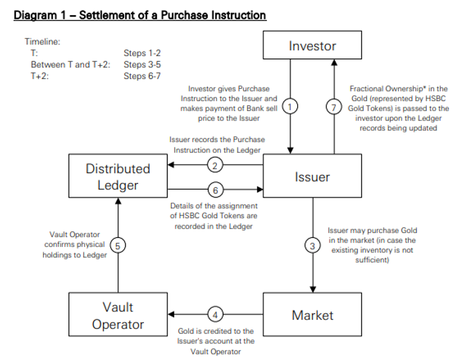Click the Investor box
pos(312,46)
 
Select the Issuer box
pos(312,177)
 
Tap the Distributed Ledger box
pos(117,176)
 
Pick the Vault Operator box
pos(117,315)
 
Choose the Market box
pos(312,315)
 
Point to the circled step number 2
pos(215,165)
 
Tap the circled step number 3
pos(312,245)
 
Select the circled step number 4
pos(215,314)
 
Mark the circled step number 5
pos(117,245)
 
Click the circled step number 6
pos(215,190)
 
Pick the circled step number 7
pos(334,107)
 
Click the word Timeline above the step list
pos(42,41)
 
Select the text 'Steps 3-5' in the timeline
pos(142,65)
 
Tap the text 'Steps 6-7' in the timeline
pos(142,76)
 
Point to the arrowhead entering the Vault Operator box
pos(171,314)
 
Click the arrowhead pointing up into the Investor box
pos(334,47)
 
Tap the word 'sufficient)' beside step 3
pos(372,260)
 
